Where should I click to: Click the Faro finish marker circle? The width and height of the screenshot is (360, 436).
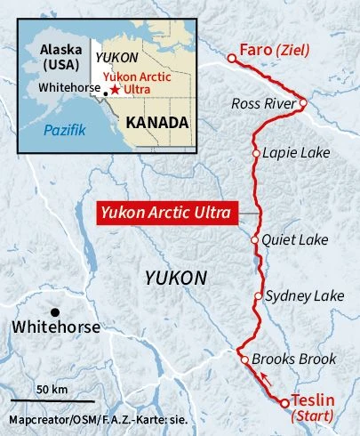(x=231, y=58)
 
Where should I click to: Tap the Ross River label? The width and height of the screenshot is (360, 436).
(x=262, y=104)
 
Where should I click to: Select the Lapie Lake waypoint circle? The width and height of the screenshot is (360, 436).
(x=256, y=153)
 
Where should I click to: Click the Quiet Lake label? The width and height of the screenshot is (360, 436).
(x=296, y=240)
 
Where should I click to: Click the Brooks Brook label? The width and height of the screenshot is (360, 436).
(x=294, y=359)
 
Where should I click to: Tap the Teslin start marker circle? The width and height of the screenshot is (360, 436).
(x=285, y=403)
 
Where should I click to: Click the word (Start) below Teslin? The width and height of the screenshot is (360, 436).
(x=316, y=416)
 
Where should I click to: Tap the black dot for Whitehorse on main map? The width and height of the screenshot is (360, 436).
(x=55, y=311)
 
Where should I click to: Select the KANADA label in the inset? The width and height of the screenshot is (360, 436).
(x=156, y=122)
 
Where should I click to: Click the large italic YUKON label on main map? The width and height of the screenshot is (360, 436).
(x=176, y=279)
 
